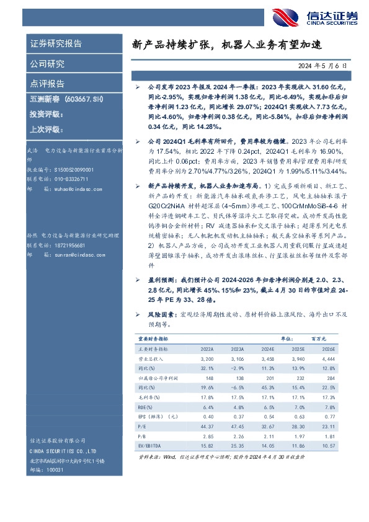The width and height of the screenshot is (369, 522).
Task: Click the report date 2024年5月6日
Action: [x=323, y=64]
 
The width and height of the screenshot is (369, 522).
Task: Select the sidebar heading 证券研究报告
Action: [x=56, y=44]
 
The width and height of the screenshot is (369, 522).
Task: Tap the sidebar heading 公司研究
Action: [x=47, y=64]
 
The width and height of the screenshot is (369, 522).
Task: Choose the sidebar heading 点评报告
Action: [x=47, y=84]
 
